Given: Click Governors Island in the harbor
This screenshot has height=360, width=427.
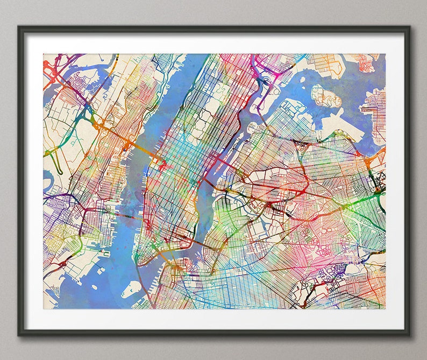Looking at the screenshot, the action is [130, 291].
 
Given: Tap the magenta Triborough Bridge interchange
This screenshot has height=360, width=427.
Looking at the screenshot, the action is [264, 81].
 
